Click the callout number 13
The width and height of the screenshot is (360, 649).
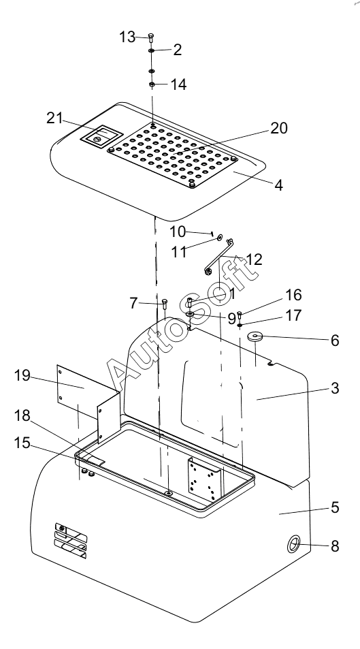pyautogui.click(x=127, y=37)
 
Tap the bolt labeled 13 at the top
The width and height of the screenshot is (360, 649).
pyautogui.click(x=151, y=38)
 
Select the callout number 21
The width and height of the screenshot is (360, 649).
pyautogui.click(x=54, y=118)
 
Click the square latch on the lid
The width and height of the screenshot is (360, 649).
pyautogui.click(x=101, y=136)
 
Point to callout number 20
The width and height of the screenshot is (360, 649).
pyautogui.click(x=279, y=128)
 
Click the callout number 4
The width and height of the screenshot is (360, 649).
pyautogui.click(x=279, y=185)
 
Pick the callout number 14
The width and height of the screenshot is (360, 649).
pyautogui.click(x=179, y=84)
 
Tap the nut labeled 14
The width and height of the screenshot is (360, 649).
pyautogui.click(x=152, y=85)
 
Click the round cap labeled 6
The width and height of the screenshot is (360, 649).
pyautogui.click(x=256, y=336)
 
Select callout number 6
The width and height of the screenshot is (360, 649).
pyautogui.click(x=335, y=341)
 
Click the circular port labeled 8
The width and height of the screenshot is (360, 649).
pyautogui.click(x=294, y=544)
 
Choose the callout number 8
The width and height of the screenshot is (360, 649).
pyautogui.click(x=335, y=546)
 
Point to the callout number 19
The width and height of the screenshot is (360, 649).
pyautogui.click(x=22, y=375)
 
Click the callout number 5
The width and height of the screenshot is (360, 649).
pyautogui.click(x=335, y=507)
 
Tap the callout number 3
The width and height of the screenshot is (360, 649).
pyautogui.click(x=335, y=388)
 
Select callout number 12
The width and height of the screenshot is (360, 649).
pyautogui.click(x=254, y=259)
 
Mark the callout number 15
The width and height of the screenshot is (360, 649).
pyautogui.click(x=22, y=443)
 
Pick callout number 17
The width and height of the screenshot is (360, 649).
pyautogui.click(x=294, y=315)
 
